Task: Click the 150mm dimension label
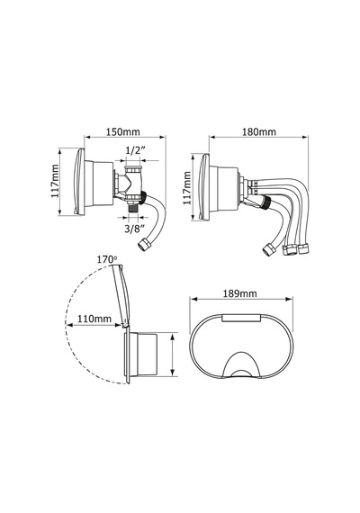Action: [123, 131]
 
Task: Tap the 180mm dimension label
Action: [259, 131]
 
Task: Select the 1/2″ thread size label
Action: [136, 150]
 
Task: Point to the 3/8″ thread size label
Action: [134, 228]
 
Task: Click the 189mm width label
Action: [240, 293]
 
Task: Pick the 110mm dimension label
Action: [94, 319]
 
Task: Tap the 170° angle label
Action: [107, 259]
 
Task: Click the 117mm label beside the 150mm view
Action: [55, 181]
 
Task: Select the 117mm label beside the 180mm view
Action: [187, 188]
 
